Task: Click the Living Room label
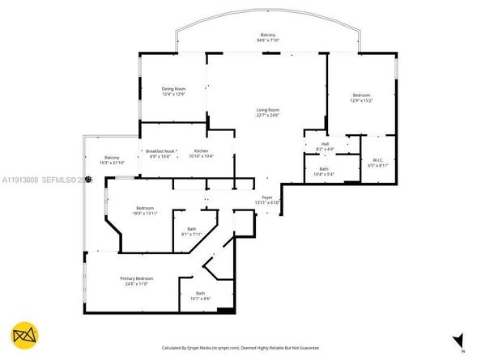(x=268, y=109)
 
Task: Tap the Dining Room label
(x=173, y=88)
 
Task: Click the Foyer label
(x=267, y=197)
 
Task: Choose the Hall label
(x=323, y=144)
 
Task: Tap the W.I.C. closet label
(x=378, y=160)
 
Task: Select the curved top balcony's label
(x=267, y=35)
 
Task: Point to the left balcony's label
(x=112, y=157)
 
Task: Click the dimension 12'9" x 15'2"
(x=362, y=100)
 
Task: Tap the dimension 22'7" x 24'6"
(x=268, y=114)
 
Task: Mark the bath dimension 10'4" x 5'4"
(x=323, y=173)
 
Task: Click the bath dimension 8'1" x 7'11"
(x=191, y=234)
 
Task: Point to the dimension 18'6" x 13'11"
(x=145, y=214)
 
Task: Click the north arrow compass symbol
(x=459, y=340)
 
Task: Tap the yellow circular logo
(x=26, y=335)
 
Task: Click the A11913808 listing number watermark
(x=20, y=180)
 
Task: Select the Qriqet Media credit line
(x=240, y=348)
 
